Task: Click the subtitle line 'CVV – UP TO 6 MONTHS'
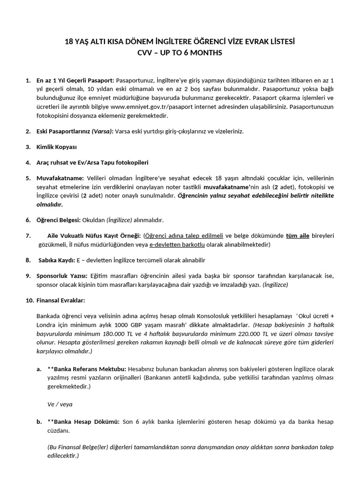tap(180, 53)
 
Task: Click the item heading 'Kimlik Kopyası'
tap(56, 147)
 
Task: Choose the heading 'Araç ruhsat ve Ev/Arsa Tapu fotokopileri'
tap(92, 163)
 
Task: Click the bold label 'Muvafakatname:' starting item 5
tap(60, 179)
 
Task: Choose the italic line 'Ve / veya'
tap(60, 403)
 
